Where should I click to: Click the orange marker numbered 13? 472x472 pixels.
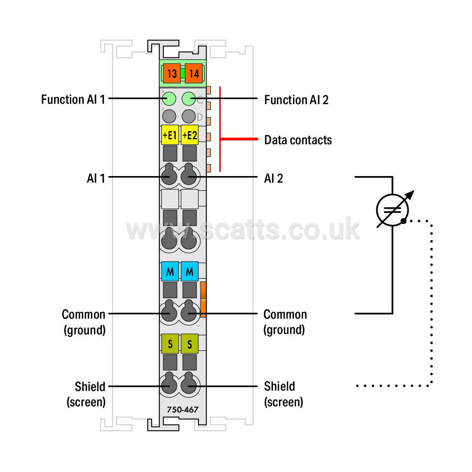[172, 74]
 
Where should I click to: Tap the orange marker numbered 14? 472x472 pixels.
[194, 74]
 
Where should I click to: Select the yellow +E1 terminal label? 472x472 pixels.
[170, 135]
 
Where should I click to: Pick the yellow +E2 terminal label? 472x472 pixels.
[190, 135]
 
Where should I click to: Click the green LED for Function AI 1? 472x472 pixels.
[169, 99]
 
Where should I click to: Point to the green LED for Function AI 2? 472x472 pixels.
[189, 99]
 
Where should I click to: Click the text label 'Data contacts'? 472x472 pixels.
[298, 140]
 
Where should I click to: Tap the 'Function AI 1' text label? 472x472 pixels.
[73, 99]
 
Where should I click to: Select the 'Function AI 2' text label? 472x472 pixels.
[296, 100]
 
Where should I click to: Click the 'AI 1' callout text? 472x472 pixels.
[96, 178]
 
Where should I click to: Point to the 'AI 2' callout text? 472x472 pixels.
[274, 178]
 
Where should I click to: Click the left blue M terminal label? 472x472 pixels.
[170, 271]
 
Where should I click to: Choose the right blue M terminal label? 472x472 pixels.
[190, 271]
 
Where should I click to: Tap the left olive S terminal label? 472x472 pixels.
[170, 343]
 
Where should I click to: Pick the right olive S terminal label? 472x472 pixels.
[190, 343]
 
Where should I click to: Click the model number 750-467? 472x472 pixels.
[183, 410]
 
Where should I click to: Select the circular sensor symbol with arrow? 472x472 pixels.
[393, 210]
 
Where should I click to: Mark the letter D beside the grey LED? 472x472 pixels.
[200, 117]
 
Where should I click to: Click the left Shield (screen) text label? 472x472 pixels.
[86, 394]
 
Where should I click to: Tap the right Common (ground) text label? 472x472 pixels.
[285, 322]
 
